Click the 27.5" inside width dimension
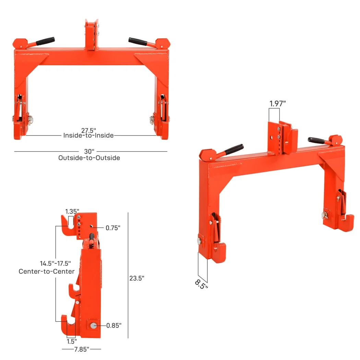tap(88, 130)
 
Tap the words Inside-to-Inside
tap(88, 135)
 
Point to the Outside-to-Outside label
tap(89, 158)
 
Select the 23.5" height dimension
tap(136, 278)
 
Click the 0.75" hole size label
tap(113, 228)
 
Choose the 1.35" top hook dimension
tap(72, 211)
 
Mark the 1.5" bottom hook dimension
tap(71, 341)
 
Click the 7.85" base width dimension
tap(81, 349)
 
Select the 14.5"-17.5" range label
tap(55, 264)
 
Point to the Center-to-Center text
tap(47, 271)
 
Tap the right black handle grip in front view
tap(137, 41)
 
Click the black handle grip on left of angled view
tap(234, 149)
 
